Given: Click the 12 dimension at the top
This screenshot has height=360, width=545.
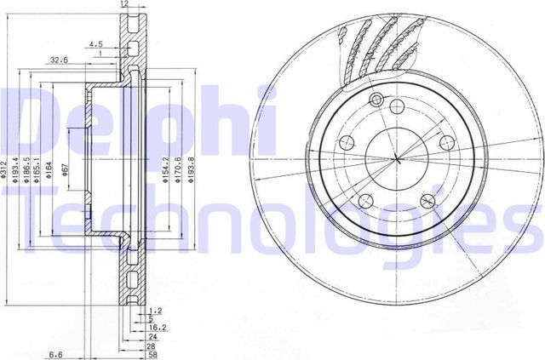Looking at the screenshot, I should pyautogui.click(x=124, y=5).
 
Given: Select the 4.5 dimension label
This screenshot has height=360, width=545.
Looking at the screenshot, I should pyautogui.click(x=95, y=44).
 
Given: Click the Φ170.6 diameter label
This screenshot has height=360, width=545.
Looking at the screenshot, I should pyautogui.click(x=177, y=168).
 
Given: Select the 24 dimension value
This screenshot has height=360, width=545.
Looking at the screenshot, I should pyautogui.click(x=154, y=335).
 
